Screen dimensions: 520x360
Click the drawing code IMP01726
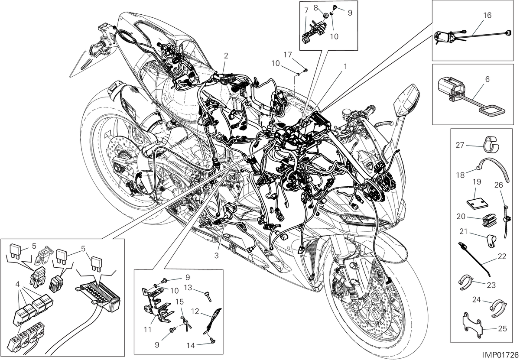click(x=500, y=355)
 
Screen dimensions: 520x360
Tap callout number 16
click(x=487, y=15)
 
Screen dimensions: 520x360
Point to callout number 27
click(x=460, y=145)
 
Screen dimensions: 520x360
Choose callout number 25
click(x=502, y=329)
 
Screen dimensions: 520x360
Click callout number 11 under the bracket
click(x=148, y=329)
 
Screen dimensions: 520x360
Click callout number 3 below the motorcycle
click(x=216, y=256)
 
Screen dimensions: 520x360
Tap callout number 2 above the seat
click(x=226, y=56)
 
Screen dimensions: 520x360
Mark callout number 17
click(x=288, y=55)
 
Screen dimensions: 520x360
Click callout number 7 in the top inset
click(x=306, y=11)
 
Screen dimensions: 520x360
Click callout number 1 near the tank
click(x=345, y=67)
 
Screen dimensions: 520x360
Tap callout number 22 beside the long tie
click(x=502, y=256)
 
